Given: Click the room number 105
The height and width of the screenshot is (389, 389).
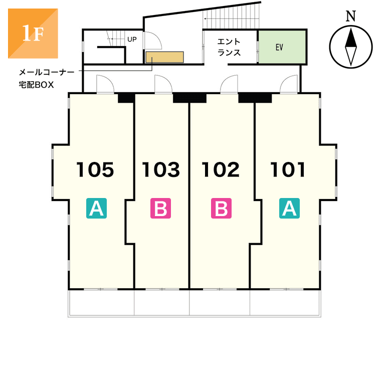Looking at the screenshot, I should coord(95,170).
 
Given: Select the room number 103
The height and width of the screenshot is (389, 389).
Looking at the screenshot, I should coord(160,170).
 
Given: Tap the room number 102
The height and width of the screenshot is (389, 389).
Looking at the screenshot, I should coord(221,170).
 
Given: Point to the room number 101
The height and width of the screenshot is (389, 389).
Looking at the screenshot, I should coord(288,170).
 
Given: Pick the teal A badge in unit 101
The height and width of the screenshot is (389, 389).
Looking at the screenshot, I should coord(289,208).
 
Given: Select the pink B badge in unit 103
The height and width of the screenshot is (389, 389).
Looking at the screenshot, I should coord(161,208).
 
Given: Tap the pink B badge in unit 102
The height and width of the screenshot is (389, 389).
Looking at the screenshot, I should coord(221,208).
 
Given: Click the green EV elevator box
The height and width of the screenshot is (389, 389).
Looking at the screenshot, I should coord(282,47).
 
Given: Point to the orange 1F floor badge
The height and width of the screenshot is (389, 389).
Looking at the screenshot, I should coord(33,33).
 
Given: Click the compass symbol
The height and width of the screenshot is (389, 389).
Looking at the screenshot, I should coord(351,47).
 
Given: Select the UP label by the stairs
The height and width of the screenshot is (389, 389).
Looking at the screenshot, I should coord(132,39).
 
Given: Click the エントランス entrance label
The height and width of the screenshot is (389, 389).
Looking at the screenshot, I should coord(229,47).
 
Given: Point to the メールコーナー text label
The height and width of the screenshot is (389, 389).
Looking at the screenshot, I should coord(46,72).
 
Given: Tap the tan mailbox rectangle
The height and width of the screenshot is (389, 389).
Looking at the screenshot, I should coord(164,57).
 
